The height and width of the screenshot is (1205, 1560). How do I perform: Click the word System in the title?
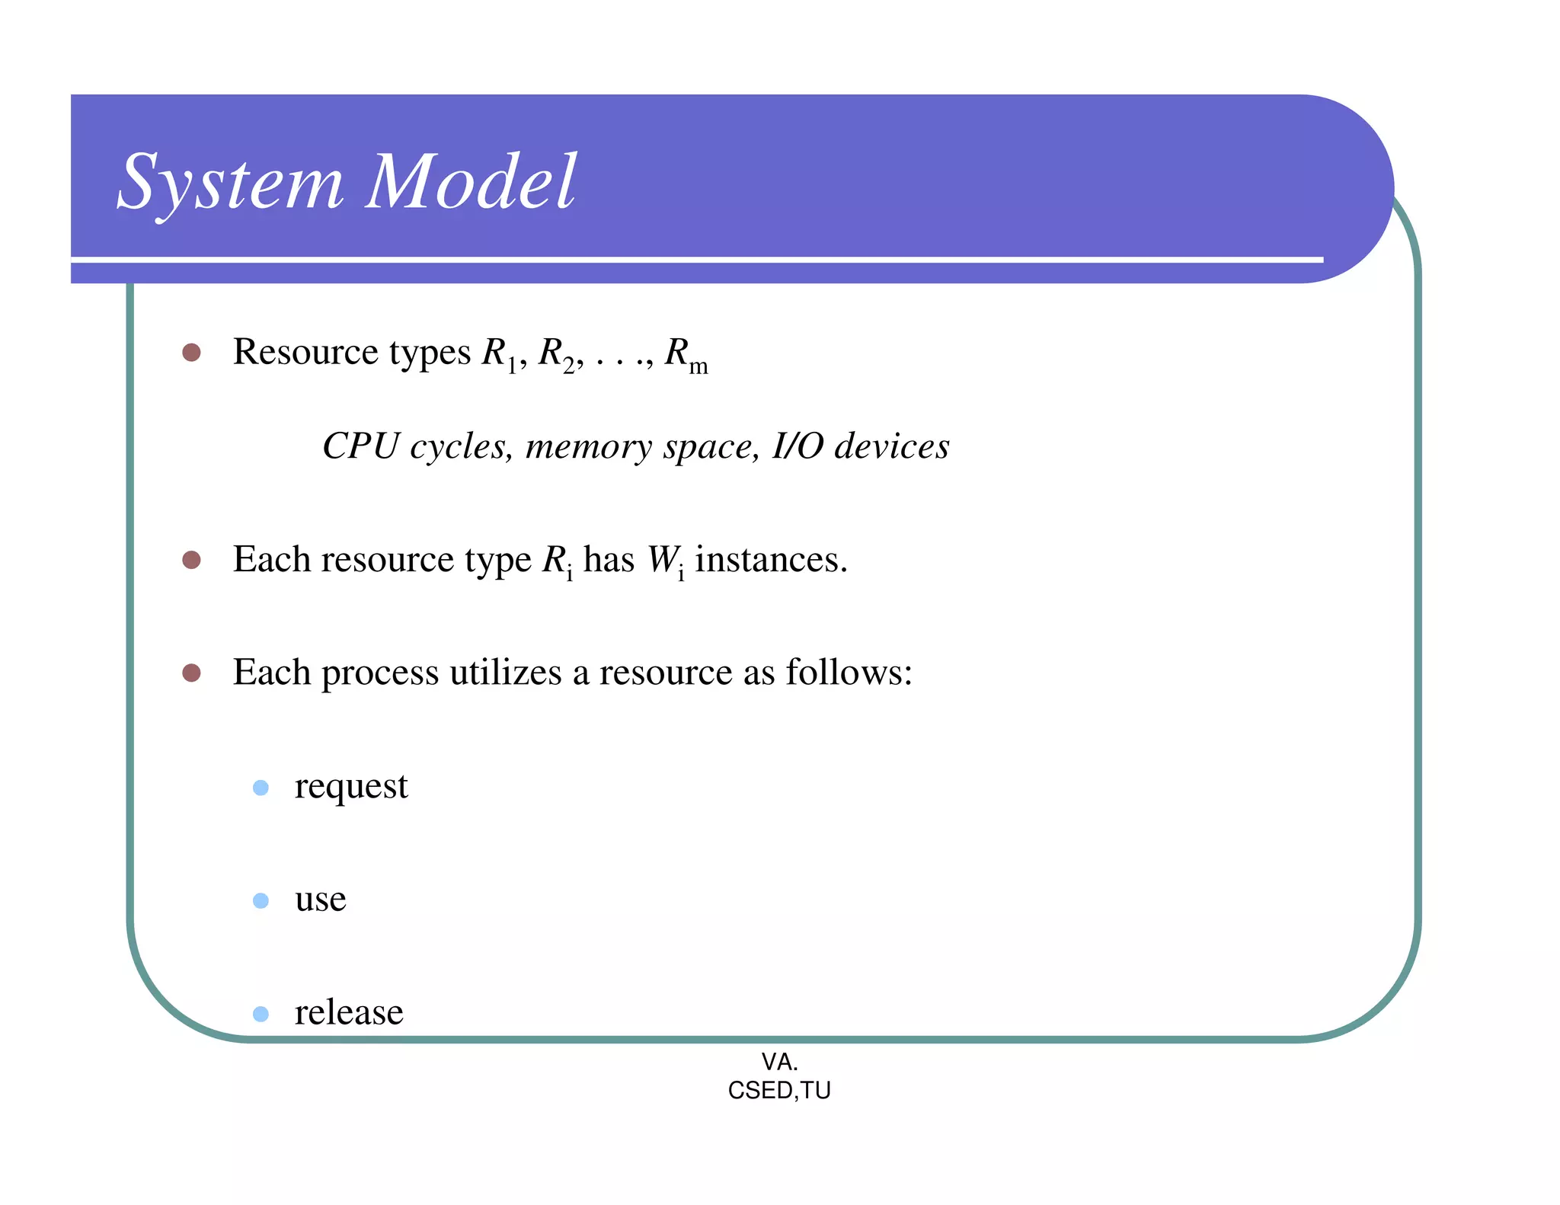pos(230,183)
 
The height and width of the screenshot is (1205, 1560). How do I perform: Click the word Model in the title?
pos(471,183)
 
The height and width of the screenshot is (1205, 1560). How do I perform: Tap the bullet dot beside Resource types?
pos(191,353)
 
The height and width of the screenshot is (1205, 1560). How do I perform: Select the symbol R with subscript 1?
pos(499,354)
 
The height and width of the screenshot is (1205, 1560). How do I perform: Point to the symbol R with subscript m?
pos(685,355)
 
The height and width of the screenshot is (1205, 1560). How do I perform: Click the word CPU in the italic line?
pos(360,446)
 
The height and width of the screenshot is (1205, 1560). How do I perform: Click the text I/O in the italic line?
pos(797,446)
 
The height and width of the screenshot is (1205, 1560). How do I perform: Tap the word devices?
pos(892,446)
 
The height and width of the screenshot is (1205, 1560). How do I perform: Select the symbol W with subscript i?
pos(664,561)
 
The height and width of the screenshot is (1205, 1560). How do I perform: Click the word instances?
pos(770,560)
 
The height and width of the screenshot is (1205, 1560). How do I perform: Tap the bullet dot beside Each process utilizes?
pos(191,673)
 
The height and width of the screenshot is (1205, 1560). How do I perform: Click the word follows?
pos(848,673)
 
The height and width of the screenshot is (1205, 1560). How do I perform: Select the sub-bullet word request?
pos(351,788)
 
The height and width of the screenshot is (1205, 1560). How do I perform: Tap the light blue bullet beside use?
pos(261,901)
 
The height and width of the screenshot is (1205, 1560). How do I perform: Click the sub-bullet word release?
pos(349,1013)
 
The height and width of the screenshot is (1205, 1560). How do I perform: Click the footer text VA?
pos(779,1062)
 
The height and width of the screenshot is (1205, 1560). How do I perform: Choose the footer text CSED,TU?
pos(779,1091)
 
